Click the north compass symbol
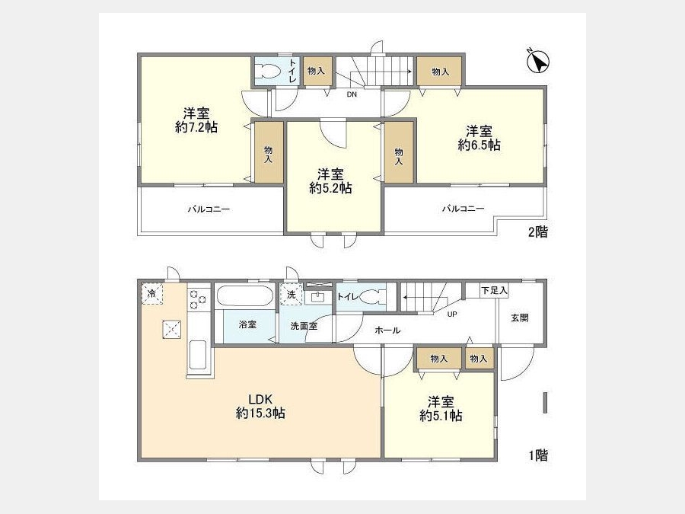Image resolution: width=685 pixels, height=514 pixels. pyautogui.click(x=538, y=62)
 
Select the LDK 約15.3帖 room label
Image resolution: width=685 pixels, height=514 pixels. pyautogui.click(x=261, y=406)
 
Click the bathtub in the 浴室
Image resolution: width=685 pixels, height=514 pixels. pyautogui.click(x=244, y=296)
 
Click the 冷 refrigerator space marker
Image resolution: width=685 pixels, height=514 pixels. pyautogui.click(x=152, y=294)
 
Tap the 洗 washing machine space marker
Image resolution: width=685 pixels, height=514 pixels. pyautogui.click(x=291, y=294)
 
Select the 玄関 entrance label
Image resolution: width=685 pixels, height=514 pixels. pyautogui.click(x=519, y=318)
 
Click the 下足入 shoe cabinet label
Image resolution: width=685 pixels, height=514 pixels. pyautogui.click(x=494, y=290)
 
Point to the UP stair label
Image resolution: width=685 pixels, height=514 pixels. pyautogui.click(x=452, y=314)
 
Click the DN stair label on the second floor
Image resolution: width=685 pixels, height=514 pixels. pyautogui.click(x=352, y=94)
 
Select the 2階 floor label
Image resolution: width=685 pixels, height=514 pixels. pyautogui.click(x=538, y=231)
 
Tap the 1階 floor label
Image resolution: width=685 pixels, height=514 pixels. pyautogui.click(x=538, y=455)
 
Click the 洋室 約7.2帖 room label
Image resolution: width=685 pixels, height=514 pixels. pyautogui.click(x=196, y=120)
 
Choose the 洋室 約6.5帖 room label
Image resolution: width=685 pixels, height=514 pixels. pyautogui.click(x=479, y=138)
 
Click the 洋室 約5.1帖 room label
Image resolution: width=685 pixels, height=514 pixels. pyautogui.click(x=441, y=409)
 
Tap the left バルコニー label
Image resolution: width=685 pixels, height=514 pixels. pyautogui.click(x=209, y=209)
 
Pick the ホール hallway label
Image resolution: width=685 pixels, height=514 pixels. pyautogui.click(x=387, y=330)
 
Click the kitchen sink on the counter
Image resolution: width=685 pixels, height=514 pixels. pyautogui.click(x=198, y=354)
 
